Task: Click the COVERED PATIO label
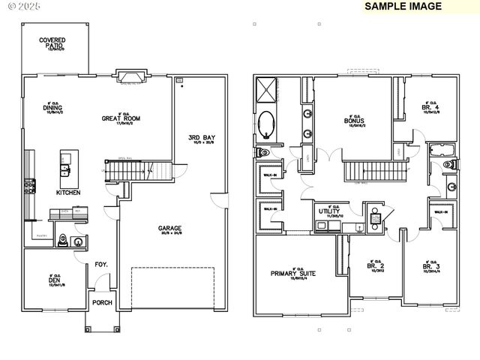click(52, 43)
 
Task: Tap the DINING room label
click(52, 107)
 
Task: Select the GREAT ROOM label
click(121, 118)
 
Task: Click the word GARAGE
click(169, 229)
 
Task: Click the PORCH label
click(102, 303)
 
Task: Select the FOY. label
click(100, 264)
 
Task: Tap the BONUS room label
click(354, 120)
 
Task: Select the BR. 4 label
click(430, 109)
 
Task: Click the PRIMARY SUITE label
click(293, 274)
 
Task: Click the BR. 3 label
click(430, 266)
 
